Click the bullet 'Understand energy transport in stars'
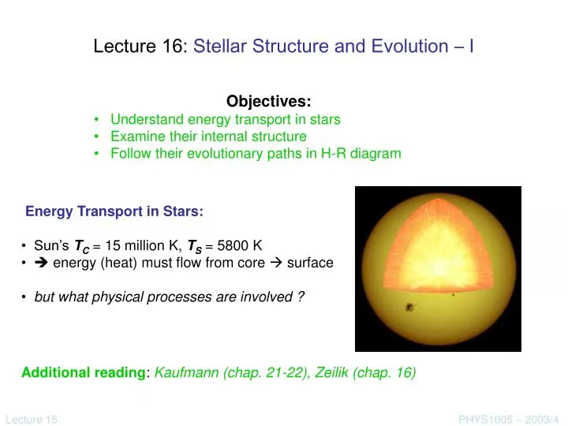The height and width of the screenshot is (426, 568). tap(225, 120)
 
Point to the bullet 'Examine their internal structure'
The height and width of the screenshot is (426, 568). tap(208, 136)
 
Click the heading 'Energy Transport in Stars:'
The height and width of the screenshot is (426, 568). tap(114, 211)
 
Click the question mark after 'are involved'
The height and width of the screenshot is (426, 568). tap(301, 297)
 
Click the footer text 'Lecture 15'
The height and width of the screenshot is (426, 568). tap(31, 420)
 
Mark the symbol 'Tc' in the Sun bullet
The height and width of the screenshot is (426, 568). tap(80, 246)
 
